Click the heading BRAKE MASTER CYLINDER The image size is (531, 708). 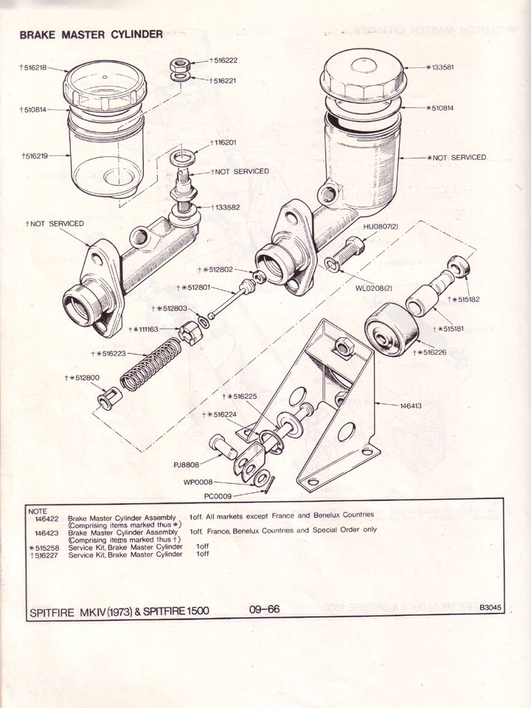tap(91, 35)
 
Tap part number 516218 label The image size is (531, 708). tap(34, 67)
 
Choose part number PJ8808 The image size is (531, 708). tap(188, 465)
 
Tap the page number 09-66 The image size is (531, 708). tap(264, 609)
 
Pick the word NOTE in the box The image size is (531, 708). tap(37, 510)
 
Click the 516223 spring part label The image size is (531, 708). tap(109, 354)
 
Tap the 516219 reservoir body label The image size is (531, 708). tap(34, 156)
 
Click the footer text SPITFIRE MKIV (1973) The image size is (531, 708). tap(82, 611)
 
